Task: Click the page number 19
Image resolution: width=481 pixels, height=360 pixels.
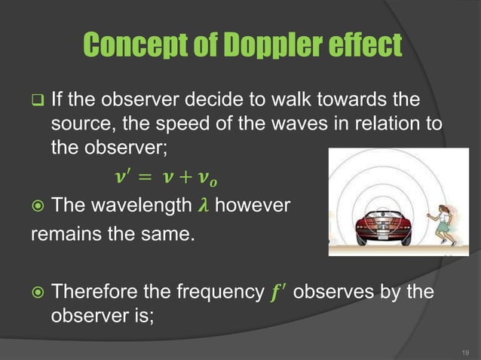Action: pyautogui.click(x=464, y=351)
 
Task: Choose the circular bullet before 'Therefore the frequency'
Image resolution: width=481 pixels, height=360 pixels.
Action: pyautogui.click(x=37, y=291)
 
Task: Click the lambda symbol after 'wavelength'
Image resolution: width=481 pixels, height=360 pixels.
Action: pyautogui.click(x=200, y=206)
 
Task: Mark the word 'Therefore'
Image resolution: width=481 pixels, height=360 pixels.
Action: pyautogui.click(x=96, y=291)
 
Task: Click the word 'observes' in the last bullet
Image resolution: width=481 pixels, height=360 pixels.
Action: pyautogui.click(x=330, y=291)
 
